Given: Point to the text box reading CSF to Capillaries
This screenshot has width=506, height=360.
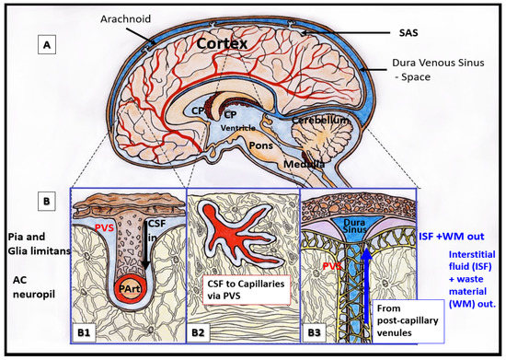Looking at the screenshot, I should (x=242, y=290).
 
